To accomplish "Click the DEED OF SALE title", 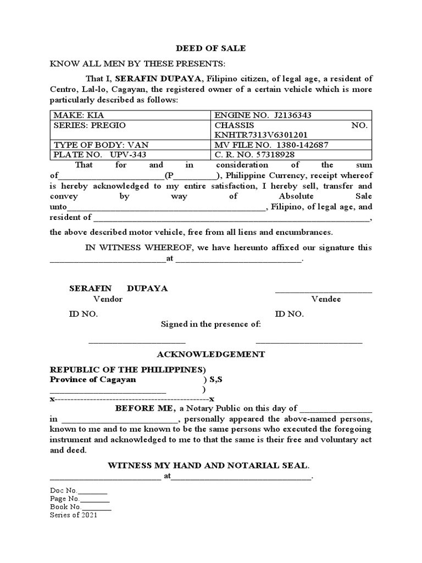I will pos(210,48).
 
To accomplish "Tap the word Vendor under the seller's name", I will pos(108,299).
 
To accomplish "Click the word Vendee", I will pos(326,299).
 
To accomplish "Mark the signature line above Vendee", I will pos(323,291).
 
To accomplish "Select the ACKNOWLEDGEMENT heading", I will pos(210,355).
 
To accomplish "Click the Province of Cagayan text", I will pos(93,379).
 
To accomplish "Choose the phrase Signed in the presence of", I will pos(210,324).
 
